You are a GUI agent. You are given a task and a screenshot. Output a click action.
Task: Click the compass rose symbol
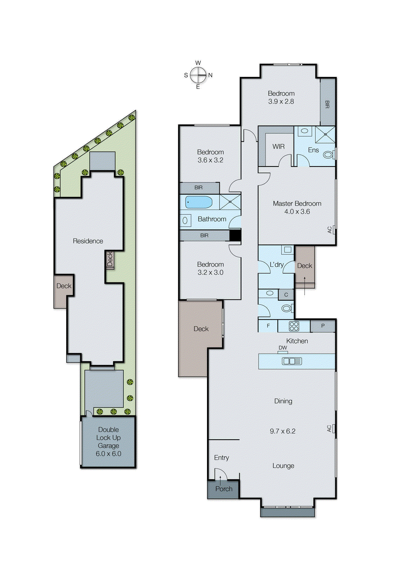(x=198, y=75)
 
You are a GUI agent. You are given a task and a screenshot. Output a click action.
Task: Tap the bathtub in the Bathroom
(x=199, y=202)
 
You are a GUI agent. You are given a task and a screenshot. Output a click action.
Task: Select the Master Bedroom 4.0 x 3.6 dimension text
(x=297, y=211)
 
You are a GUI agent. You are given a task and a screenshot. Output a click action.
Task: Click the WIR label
(x=279, y=147)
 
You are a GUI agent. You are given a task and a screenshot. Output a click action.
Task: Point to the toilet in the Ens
(x=328, y=154)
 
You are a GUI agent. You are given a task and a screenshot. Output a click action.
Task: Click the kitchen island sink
(x=292, y=361)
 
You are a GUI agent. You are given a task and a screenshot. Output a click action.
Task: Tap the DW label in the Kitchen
(x=283, y=348)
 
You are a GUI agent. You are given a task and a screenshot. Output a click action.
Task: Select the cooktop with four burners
(x=294, y=326)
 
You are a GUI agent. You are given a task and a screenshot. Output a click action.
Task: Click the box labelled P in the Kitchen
(x=323, y=326)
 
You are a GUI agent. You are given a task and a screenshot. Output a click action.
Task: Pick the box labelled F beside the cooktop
(x=268, y=326)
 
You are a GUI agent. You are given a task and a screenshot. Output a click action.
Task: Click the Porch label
(x=224, y=489)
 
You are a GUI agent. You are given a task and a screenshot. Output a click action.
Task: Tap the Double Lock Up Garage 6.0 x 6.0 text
(x=108, y=441)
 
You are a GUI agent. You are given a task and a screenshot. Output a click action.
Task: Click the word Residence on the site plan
(x=88, y=241)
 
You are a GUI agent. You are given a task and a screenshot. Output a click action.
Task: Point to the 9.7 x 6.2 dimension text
(x=282, y=431)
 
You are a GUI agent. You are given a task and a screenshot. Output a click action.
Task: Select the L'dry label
(x=276, y=265)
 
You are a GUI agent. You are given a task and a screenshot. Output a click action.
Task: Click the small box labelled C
(x=286, y=295)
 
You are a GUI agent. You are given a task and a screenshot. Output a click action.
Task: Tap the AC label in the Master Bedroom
(x=329, y=230)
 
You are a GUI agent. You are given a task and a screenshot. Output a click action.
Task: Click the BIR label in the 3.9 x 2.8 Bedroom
(x=327, y=104)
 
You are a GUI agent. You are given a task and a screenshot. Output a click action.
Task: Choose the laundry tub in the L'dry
(x=288, y=250)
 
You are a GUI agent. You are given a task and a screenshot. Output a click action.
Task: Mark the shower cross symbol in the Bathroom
(x=230, y=202)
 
